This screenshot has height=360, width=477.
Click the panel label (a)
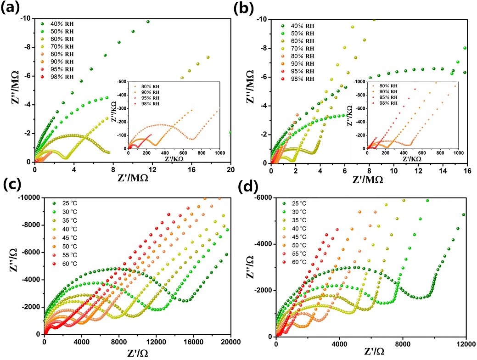[x=10, y=8]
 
